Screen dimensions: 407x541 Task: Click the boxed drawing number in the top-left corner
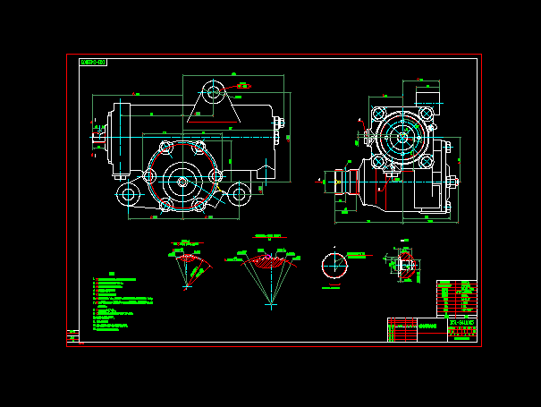click(93, 63)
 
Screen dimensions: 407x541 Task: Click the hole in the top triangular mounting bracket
click(213, 91)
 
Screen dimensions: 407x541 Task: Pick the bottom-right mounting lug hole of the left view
click(238, 194)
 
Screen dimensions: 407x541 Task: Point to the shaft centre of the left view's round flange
click(182, 182)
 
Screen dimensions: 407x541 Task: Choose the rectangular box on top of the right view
click(429, 97)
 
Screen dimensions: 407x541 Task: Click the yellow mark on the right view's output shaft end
click(336, 182)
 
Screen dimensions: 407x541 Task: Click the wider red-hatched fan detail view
click(268, 263)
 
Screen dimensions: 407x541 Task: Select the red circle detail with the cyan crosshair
click(333, 267)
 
